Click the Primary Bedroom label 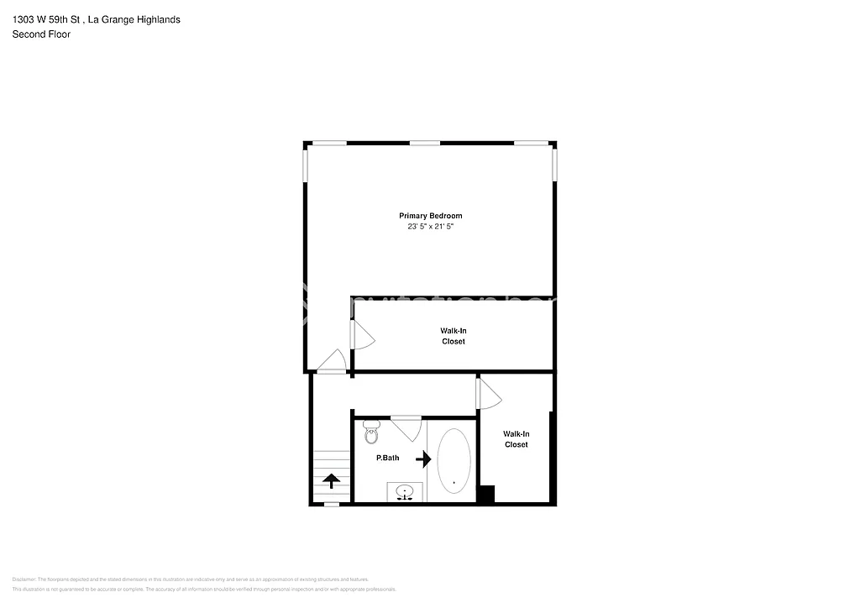click(430, 216)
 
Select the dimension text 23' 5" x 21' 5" click(430, 227)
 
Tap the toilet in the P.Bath click(371, 433)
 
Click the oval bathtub click(454, 460)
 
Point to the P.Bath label click(387, 459)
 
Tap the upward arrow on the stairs click(331, 480)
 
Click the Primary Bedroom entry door click(332, 361)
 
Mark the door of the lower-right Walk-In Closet click(488, 394)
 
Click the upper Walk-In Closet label click(453, 336)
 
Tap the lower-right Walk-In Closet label click(516, 439)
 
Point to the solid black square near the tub click(485, 494)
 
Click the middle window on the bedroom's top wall click(425, 144)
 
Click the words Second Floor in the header click(41, 34)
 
